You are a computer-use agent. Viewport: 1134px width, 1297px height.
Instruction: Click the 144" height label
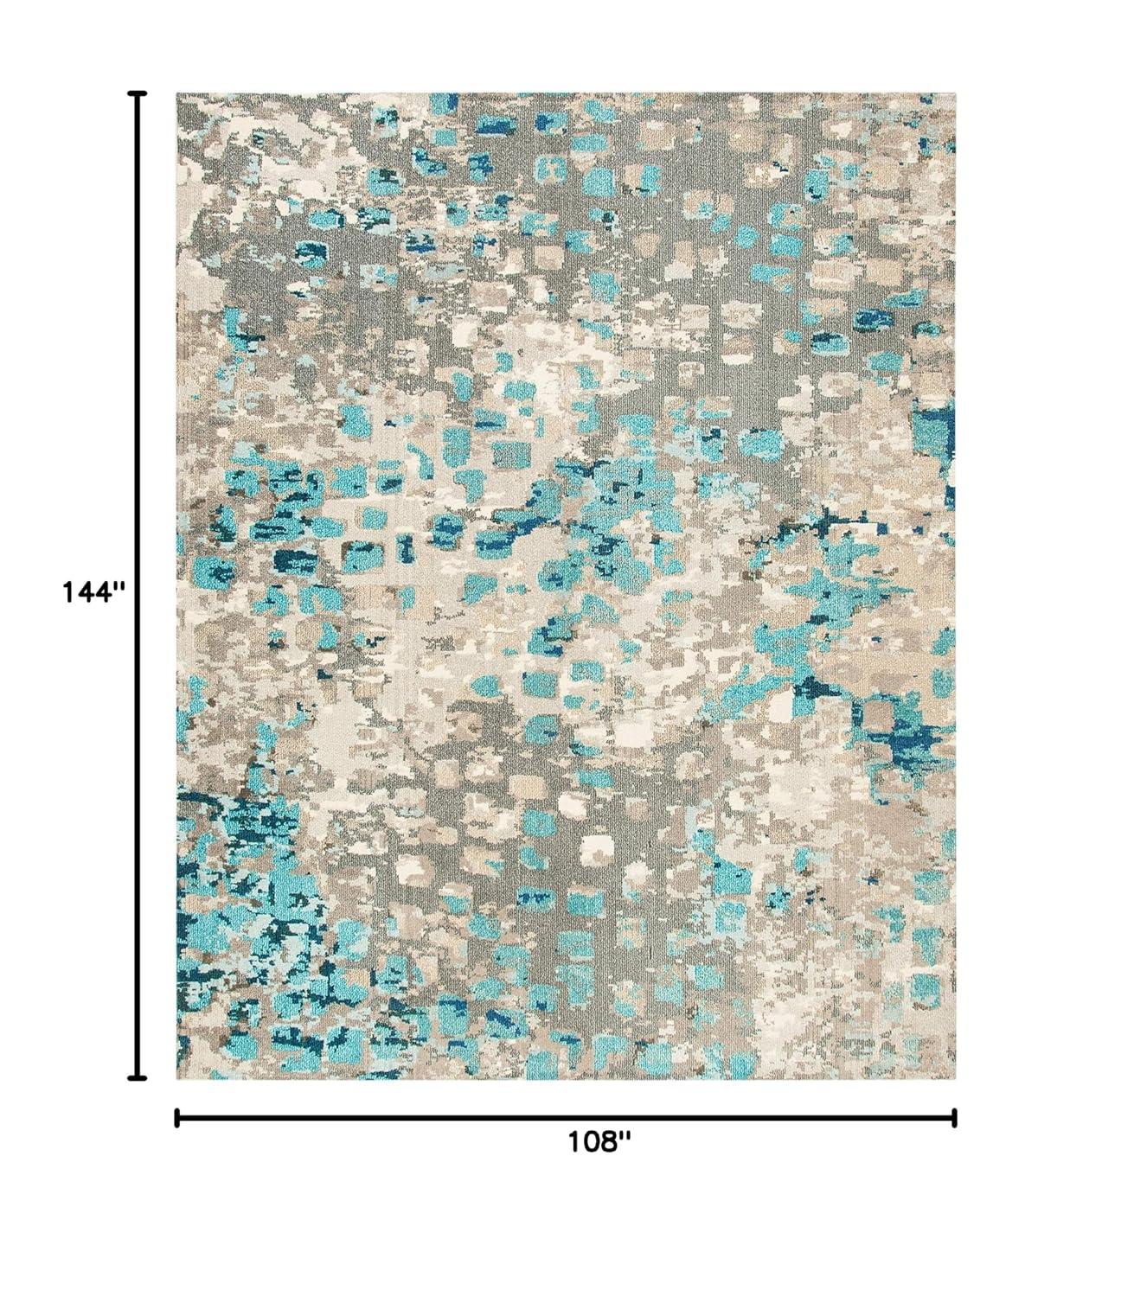point(93,592)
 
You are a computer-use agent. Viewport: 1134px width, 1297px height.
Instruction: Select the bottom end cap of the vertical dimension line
point(136,1078)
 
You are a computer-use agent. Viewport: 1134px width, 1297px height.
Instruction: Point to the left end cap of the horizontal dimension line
point(176,1118)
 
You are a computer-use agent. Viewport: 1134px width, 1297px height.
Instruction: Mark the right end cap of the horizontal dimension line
point(954,1118)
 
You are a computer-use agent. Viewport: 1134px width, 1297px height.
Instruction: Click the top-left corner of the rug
point(177,94)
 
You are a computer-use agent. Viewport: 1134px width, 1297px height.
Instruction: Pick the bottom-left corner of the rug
point(177,1078)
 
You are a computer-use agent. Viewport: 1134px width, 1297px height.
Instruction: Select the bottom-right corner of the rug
point(955,1079)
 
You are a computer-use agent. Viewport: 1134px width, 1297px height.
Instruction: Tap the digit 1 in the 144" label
point(67,592)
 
